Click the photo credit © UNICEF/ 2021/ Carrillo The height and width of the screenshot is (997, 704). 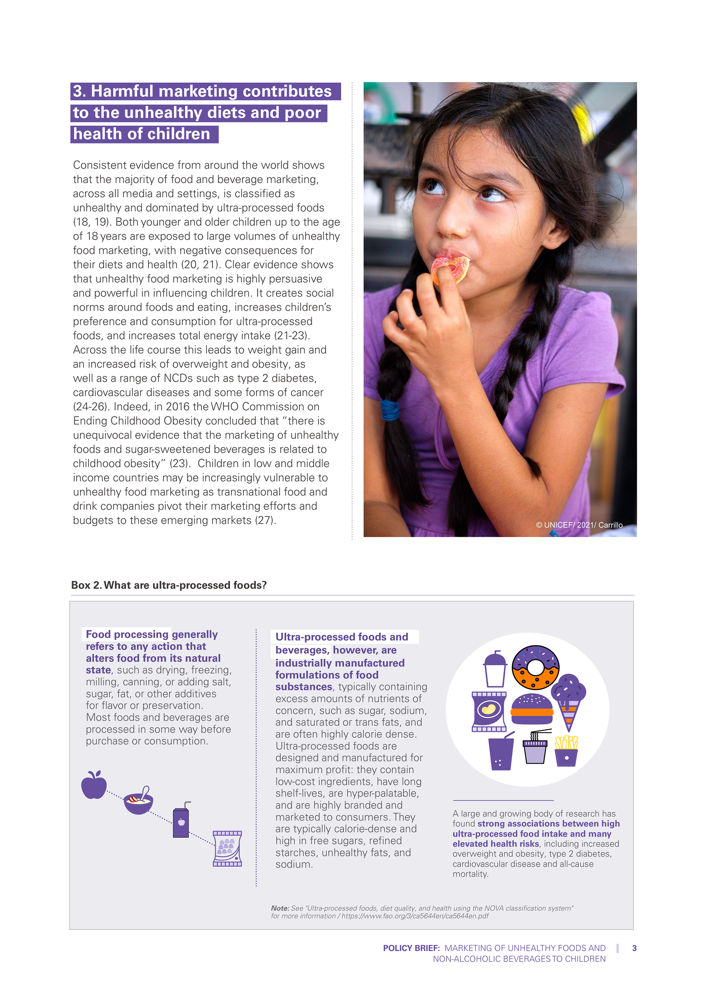tap(579, 525)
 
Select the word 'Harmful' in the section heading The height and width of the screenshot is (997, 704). tap(122, 91)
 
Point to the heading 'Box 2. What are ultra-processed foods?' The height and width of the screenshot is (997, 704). tap(169, 585)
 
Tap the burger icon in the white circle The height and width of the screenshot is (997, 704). tap(532, 709)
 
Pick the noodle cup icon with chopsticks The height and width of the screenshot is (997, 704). tap(535, 747)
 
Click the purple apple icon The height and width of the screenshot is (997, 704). tap(94, 785)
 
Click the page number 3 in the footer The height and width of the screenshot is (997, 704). tap(634, 948)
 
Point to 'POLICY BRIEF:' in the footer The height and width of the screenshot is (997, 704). tap(411, 948)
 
